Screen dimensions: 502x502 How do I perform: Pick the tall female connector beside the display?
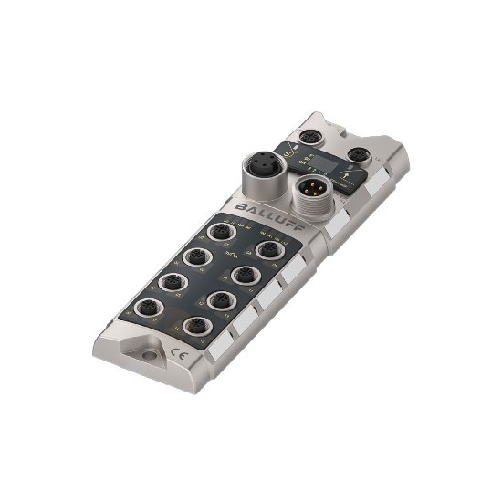260,173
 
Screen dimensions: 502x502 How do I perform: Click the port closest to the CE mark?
194,326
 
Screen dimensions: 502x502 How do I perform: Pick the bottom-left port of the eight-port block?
148,306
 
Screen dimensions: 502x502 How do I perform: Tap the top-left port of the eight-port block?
220,232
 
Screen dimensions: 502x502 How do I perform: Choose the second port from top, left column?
195,256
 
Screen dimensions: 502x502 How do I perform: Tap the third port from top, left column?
172,281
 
